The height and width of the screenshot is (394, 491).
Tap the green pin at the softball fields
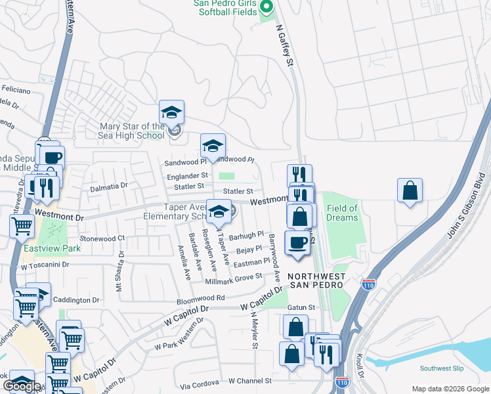coord(266,7)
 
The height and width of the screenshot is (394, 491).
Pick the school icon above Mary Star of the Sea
coord(171,112)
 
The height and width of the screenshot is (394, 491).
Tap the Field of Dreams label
coord(342,213)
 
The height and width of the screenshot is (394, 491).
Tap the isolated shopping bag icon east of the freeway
coord(410,191)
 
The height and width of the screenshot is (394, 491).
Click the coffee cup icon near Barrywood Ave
coord(297,242)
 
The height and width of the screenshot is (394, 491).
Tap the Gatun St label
coord(301,307)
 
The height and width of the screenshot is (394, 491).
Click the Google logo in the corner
coord(22,386)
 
